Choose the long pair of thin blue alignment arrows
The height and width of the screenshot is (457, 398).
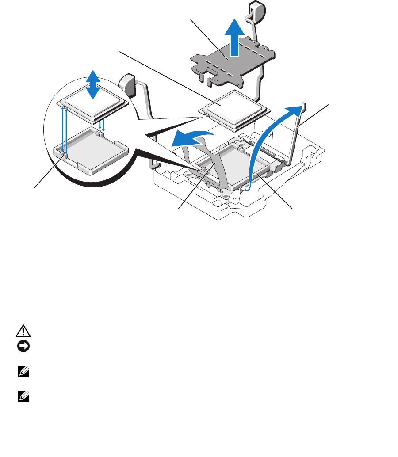pyautogui.click(x=64, y=130)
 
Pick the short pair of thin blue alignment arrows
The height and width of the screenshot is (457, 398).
pyautogui.click(x=102, y=123)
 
